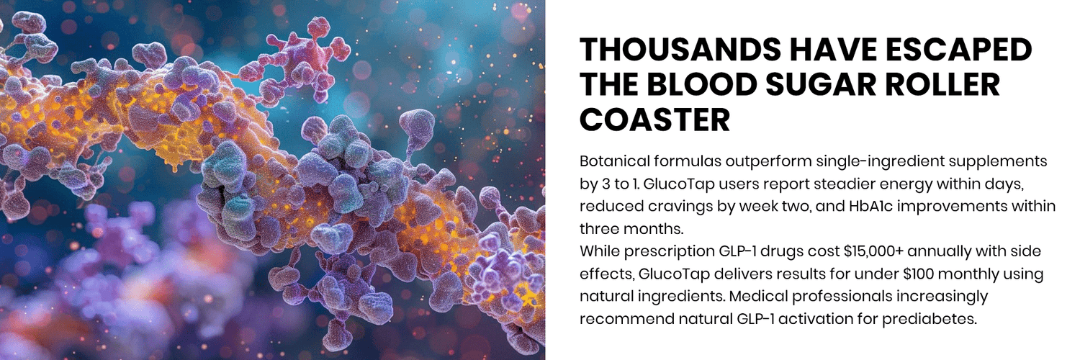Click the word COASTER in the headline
655,119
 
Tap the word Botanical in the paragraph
611,161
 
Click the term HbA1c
889,207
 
